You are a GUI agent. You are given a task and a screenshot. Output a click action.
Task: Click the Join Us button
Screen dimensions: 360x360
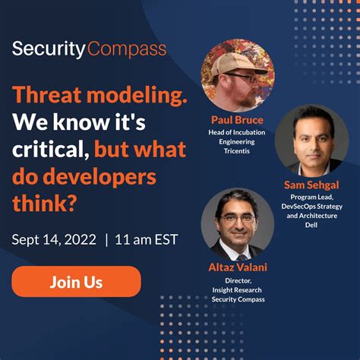(76, 282)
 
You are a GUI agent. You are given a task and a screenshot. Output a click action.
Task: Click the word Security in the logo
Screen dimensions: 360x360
(48, 51)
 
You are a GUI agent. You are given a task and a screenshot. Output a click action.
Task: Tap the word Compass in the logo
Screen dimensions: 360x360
(127, 51)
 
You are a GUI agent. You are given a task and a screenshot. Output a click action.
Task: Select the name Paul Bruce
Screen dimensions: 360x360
(238, 120)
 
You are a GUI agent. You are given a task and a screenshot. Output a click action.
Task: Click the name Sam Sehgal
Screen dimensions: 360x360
(312, 185)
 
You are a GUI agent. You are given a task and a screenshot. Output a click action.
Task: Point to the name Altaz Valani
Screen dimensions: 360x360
(238, 267)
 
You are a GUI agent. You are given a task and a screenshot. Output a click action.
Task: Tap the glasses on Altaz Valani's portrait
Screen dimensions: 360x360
(235, 217)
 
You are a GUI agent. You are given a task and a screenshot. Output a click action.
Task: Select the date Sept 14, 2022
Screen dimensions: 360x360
(54, 240)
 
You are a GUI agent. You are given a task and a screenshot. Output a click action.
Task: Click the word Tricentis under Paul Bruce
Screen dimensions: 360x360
(238, 152)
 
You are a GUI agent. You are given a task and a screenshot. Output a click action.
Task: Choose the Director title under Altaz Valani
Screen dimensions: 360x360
(238, 279)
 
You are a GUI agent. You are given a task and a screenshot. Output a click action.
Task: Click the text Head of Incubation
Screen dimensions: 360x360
(238, 131)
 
